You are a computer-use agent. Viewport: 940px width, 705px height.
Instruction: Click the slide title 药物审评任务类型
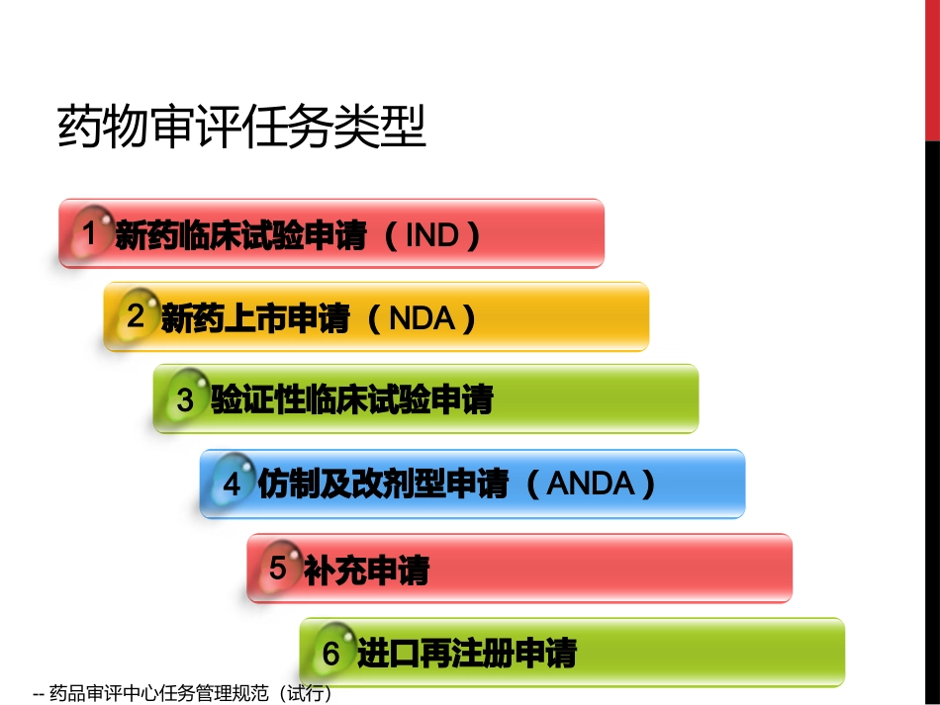click(241, 127)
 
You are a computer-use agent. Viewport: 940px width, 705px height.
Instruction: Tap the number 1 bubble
click(90, 234)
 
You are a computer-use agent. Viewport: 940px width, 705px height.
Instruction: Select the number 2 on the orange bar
click(136, 316)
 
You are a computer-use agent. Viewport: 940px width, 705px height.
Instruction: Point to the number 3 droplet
click(185, 399)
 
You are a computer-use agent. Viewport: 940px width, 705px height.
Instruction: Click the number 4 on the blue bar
click(232, 484)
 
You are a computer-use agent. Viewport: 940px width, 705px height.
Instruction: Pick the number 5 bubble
click(278, 568)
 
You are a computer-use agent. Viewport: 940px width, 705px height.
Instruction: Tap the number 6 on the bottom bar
click(330, 653)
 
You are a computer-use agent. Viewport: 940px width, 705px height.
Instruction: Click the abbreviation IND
click(432, 235)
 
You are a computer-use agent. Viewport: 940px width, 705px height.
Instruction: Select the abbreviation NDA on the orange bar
click(422, 317)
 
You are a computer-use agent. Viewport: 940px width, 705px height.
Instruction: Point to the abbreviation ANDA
click(590, 484)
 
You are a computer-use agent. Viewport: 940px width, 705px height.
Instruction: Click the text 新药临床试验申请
click(240, 235)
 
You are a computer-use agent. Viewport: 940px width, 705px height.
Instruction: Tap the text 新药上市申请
click(255, 317)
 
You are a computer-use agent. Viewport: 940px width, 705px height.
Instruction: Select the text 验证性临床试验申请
click(351, 400)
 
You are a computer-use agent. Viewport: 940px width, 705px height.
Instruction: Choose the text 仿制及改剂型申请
click(383, 484)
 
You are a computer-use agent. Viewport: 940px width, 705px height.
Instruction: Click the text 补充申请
click(366, 570)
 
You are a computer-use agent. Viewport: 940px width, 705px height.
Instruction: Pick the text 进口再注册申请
click(466, 653)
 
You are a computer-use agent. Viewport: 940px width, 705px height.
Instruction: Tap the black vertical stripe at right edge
click(932, 415)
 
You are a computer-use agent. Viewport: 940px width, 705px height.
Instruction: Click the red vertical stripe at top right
click(932, 69)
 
